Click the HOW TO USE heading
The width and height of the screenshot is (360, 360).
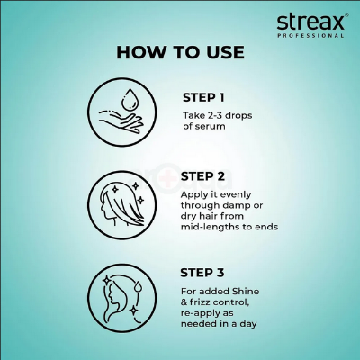coord(180,52)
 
